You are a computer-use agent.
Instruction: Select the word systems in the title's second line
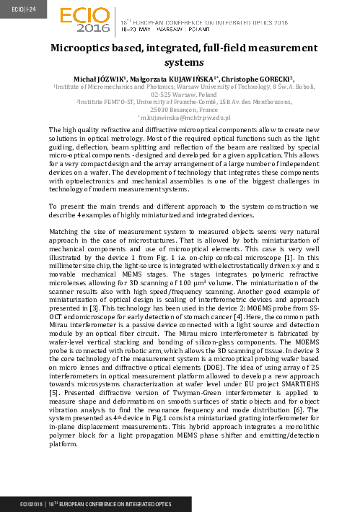pyautogui.click(x=180, y=62)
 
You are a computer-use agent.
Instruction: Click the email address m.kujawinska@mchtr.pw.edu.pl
pyautogui.click(x=180, y=117)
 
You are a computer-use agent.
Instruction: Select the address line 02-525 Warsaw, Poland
pyautogui.click(x=180, y=93)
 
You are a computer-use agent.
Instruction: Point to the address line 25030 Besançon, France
pyautogui.click(x=180, y=109)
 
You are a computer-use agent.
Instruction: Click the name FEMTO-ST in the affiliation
pyautogui.click(x=114, y=101)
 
